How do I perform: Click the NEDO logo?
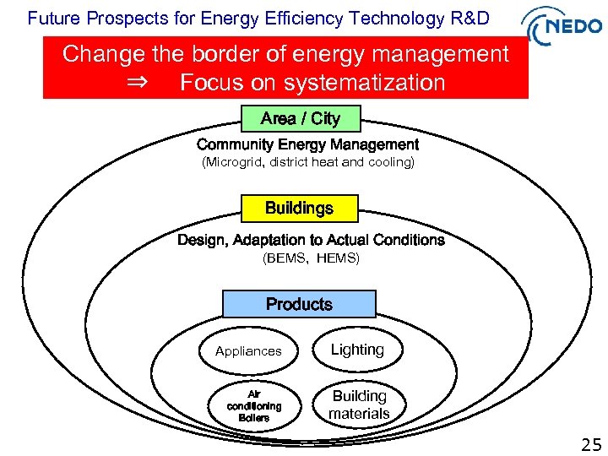tap(564, 26)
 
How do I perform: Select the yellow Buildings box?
tap(299, 208)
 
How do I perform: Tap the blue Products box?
tap(299, 304)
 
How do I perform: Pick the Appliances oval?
tap(248, 351)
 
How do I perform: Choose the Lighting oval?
tap(357, 350)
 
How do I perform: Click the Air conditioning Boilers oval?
tap(253, 405)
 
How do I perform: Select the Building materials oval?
tap(359, 404)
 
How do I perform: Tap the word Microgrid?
tap(233, 162)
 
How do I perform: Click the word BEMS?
tap(286, 258)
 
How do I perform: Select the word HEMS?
tap(338, 258)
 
